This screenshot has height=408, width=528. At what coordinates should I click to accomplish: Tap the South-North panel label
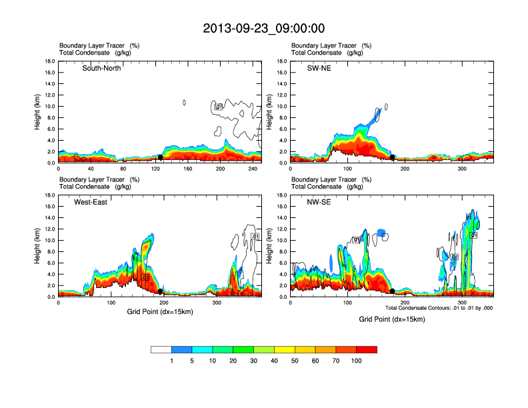click(x=101, y=68)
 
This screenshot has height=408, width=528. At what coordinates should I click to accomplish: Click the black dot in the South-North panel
click(x=160, y=157)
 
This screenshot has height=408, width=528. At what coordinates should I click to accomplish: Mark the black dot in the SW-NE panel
click(x=393, y=157)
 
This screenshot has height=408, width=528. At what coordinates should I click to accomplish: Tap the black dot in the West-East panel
click(x=160, y=291)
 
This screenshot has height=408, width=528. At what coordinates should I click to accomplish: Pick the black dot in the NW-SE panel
click(x=393, y=291)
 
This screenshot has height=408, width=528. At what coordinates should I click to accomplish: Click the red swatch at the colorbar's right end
click(x=367, y=349)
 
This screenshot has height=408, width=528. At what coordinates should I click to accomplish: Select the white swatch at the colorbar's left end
click(x=161, y=349)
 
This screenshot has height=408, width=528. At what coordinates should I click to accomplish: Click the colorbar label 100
click(x=357, y=361)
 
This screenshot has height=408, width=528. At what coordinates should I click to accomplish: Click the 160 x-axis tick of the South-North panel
click(x=188, y=169)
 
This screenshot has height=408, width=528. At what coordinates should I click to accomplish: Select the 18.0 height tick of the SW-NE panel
click(x=281, y=61)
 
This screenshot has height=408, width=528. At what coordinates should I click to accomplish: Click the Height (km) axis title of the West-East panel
click(x=38, y=246)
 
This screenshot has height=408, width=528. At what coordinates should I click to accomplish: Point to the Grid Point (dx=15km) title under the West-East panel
click(x=160, y=311)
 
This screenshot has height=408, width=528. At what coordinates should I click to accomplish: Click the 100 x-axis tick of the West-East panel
click(x=111, y=303)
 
